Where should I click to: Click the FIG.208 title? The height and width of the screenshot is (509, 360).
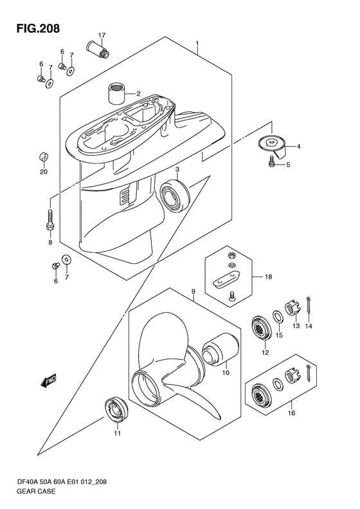(x=39, y=28)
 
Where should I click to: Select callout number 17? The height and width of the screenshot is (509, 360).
(x=102, y=35)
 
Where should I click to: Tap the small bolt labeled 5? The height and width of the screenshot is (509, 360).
(x=272, y=161)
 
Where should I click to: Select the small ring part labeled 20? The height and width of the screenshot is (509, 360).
(x=44, y=158)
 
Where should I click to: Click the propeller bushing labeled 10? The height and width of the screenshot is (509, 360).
(x=219, y=351)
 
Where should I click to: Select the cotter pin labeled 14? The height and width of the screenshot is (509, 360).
(x=309, y=307)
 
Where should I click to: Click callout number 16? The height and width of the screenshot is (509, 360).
(x=291, y=413)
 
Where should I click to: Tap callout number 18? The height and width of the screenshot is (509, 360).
(x=268, y=277)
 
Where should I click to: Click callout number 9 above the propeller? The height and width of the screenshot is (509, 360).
(x=194, y=292)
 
